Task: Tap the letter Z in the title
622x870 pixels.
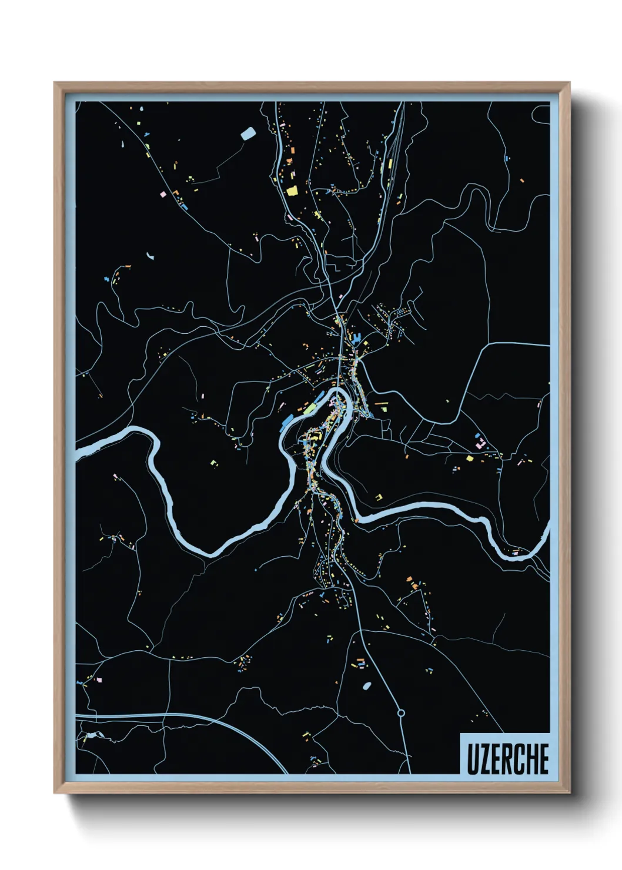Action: [x=484, y=759]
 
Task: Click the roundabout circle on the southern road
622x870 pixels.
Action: [x=401, y=713]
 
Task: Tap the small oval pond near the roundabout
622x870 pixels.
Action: [x=367, y=685]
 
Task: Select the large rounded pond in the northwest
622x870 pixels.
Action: [x=248, y=133]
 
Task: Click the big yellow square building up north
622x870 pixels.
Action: [x=292, y=190]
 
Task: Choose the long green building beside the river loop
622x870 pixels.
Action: [x=309, y=407]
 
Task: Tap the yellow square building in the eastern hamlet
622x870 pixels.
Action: [x=469, y=459]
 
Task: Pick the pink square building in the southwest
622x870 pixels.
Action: [x=99, y=680]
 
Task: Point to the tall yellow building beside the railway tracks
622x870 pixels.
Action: [x=382, y=166]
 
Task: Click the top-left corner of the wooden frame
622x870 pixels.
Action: [x=55, y=83]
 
